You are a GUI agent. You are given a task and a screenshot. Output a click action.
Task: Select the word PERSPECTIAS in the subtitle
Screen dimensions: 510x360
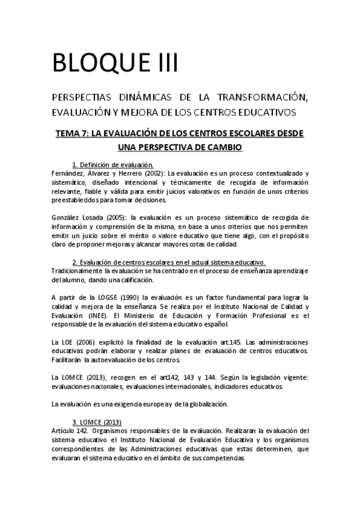coord(79,98)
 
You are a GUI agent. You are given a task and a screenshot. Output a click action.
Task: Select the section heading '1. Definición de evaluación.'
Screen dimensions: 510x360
coord(112,165)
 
